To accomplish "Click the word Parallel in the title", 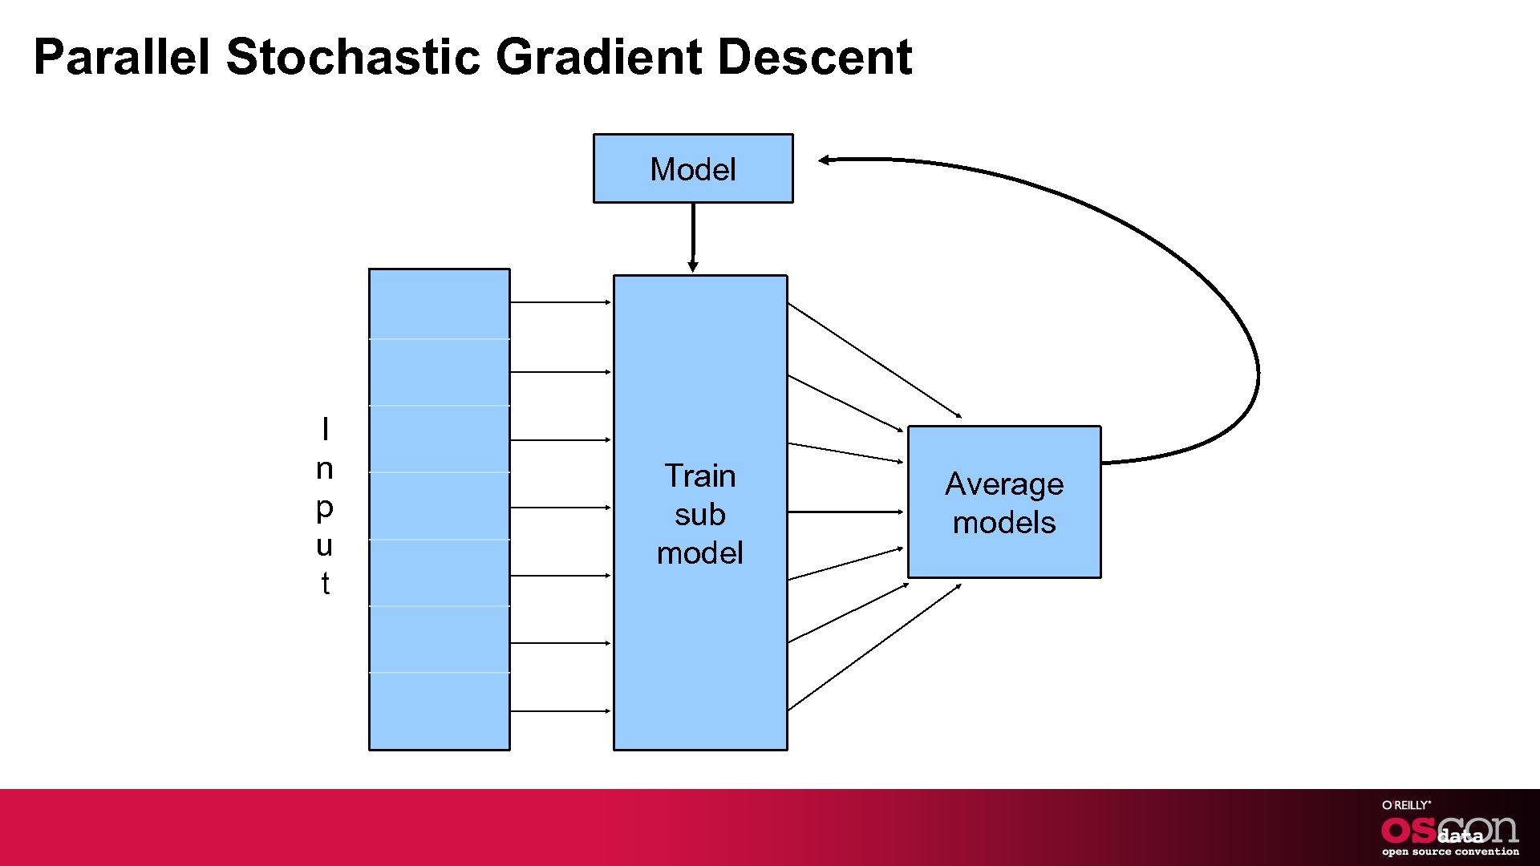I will (122, 58).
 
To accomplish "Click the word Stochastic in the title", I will (353, 58).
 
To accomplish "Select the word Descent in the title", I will (814, 58).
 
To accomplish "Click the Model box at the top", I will (693, 169).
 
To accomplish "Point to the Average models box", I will (1004, 503).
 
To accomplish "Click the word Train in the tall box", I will (699, 476).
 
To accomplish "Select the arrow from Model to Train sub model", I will (693, 237).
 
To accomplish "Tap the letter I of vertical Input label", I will (325, 430).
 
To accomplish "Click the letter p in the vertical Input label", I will (325, 508).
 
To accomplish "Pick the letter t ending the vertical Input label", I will (325, 584).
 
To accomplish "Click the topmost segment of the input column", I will (439, 304).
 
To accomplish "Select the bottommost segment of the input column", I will (439, 710).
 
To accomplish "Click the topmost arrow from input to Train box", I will (560, 302).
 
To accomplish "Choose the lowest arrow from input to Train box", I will (560, 711).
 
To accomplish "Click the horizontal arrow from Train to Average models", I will (845, 512).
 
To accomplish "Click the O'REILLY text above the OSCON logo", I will (1405, 805).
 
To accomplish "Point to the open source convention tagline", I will (1449, 852).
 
